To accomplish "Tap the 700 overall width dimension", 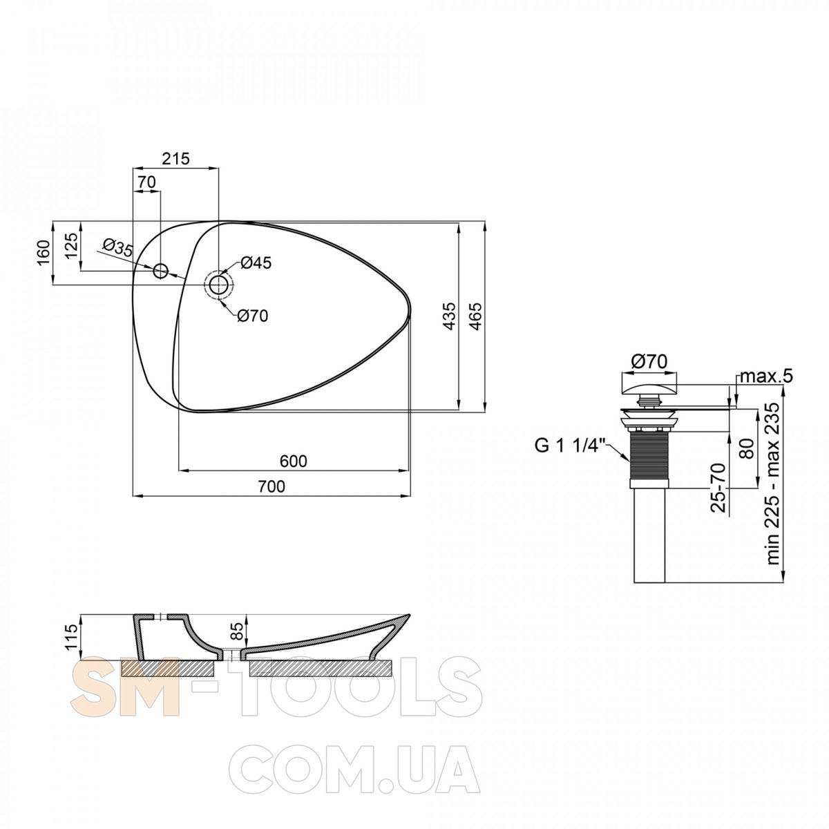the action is click(271, 486).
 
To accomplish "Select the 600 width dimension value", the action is click(294, 461).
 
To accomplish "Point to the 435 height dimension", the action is click(449, 316).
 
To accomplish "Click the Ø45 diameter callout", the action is click(256, 263).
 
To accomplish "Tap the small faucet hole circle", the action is click(161, 271).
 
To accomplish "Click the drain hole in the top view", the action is click(218, 285).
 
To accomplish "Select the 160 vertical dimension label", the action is click(44, 253).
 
